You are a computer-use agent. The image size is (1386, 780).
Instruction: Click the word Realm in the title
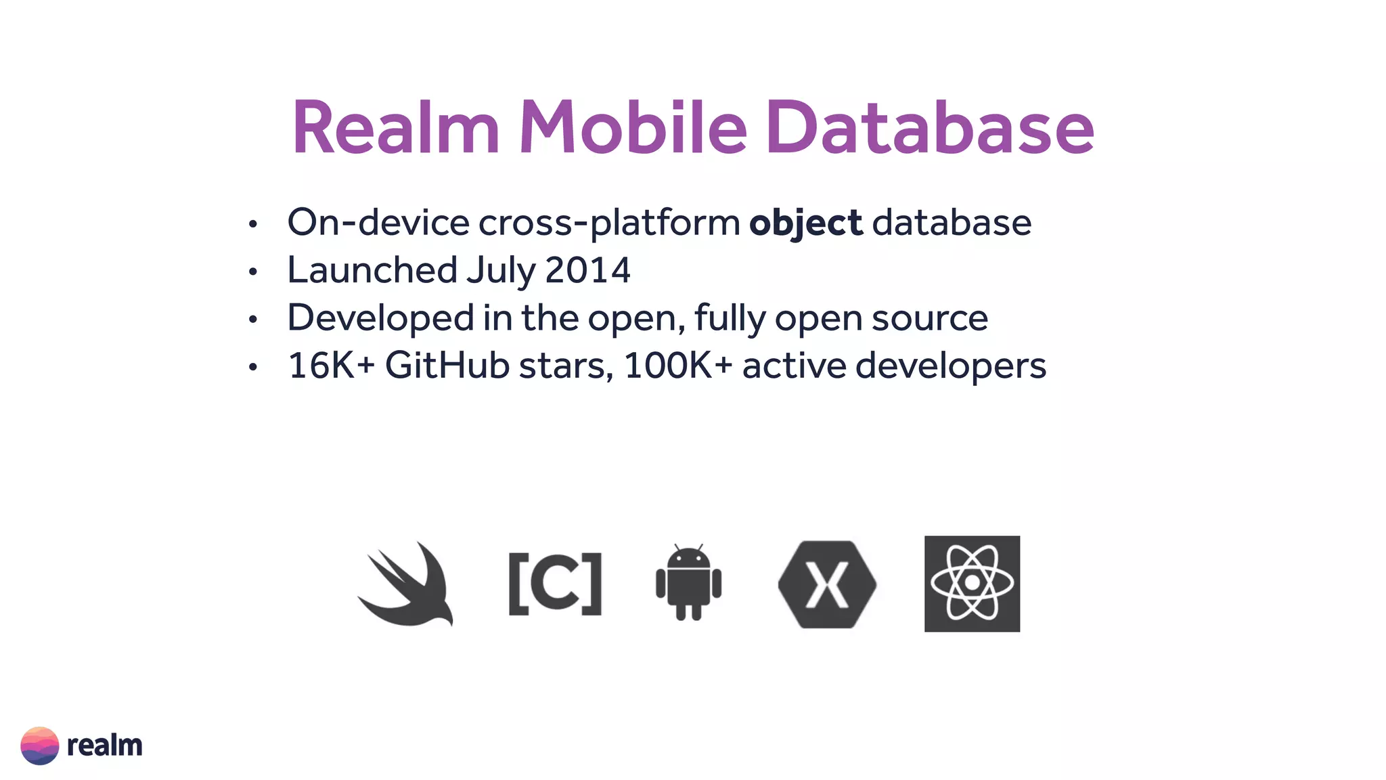(x=396, y=127)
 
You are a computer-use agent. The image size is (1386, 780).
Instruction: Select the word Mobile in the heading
(x=633, y=127)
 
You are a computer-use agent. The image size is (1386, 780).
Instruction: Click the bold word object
(x=805, y=223)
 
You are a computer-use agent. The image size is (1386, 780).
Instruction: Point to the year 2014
(x=587, y=270)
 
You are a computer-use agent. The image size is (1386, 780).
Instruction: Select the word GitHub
(x=447, y=366)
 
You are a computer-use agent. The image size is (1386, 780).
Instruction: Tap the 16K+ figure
(x=331, y=366)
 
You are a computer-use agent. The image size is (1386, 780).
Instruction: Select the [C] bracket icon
(x=555, y=584)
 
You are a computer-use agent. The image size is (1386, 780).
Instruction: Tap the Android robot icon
(x=688, y=582)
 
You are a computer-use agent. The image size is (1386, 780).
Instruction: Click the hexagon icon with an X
(x=827, y=584)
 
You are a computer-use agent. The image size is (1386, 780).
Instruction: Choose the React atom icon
(x=972, y=584)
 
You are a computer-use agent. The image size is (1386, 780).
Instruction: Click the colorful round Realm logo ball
(x=40, y=745)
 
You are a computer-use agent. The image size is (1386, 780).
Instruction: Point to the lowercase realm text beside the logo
(x=105, y=745)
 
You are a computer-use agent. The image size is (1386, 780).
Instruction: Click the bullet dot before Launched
(x=253, y=272)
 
